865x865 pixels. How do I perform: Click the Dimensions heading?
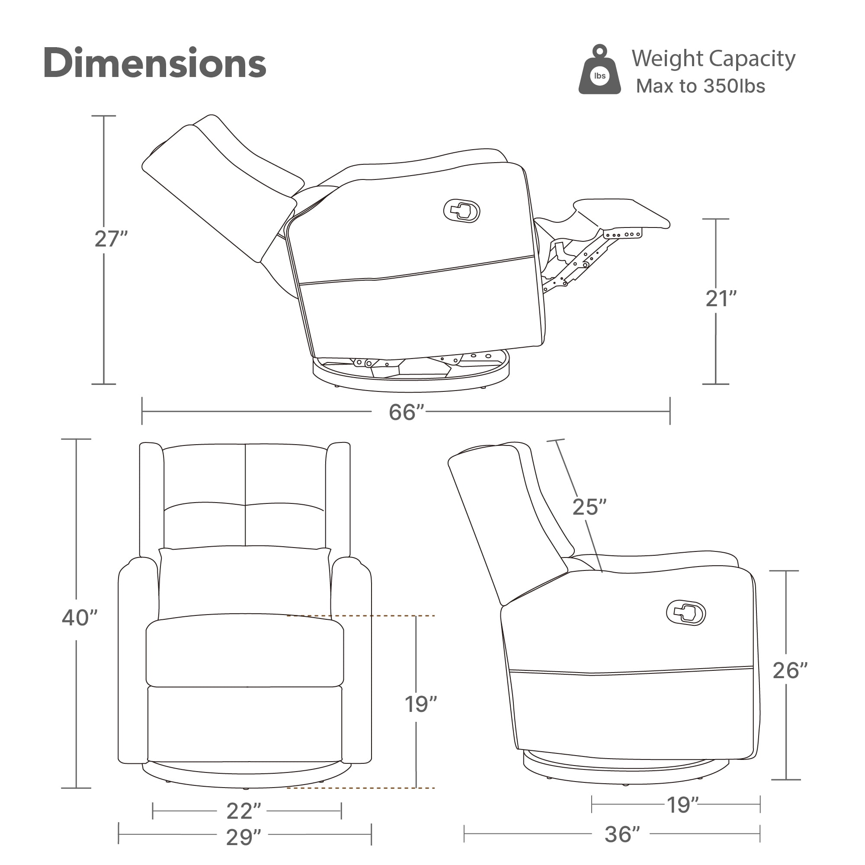tap(155, 63)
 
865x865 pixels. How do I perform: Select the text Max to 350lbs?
tap(701, 86)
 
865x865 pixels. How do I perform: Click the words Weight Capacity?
tap(714, 59)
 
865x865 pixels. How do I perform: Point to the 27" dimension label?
tap(111, 239)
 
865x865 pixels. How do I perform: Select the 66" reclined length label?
tap(406, 412)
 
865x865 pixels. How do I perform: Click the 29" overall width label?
tap(243, 837)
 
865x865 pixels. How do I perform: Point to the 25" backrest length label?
tap(589, 507)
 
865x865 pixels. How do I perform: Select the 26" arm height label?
tap(790, 671)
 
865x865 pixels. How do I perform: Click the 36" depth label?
tap(622, 834)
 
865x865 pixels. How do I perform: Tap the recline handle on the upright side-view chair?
tap(686, 612)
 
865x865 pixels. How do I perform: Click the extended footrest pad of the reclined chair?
tap(622, 214)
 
